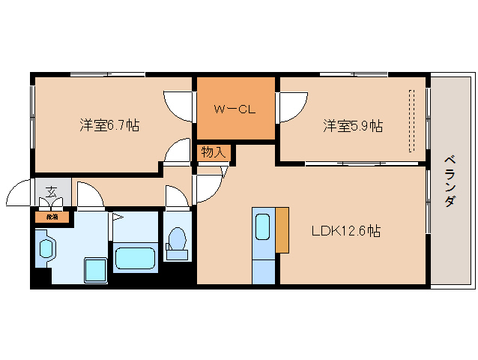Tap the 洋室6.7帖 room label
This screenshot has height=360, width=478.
[x=109, y=125]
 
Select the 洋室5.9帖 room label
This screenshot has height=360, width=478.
[x=353, y=125]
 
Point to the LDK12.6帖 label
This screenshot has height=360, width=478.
[x=346, y=231]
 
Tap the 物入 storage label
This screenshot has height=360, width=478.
[x=213, y=152]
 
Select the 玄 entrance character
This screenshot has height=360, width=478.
[x=52, y=192]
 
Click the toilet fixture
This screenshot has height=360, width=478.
[x=178, y=243]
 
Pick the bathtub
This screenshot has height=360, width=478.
[x=135, y=257]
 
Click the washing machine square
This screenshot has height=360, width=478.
[x=94, y=268]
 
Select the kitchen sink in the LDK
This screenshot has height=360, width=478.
[x=263, y=226]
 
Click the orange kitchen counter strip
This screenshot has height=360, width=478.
[x=282, y=229]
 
